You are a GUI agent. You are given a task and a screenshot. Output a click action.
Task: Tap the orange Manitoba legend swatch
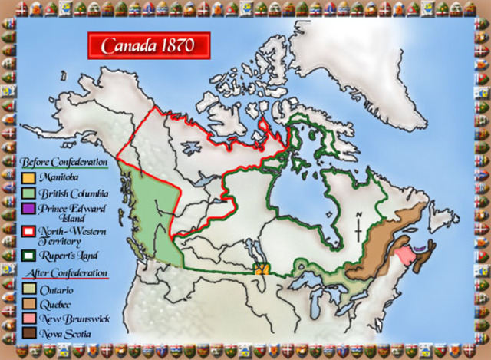(28, 176)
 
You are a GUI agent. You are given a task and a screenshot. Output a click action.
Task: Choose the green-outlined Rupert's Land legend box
(28, 255)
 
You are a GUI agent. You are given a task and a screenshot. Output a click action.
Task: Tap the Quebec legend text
(55, 305)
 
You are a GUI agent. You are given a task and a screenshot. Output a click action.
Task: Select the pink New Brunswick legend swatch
(28, 319)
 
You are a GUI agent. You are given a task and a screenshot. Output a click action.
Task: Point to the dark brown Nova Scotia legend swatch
(28, 332)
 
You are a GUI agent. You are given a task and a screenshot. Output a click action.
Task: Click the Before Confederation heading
(64, 162)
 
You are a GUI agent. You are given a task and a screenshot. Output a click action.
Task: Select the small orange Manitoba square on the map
(261, 269)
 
